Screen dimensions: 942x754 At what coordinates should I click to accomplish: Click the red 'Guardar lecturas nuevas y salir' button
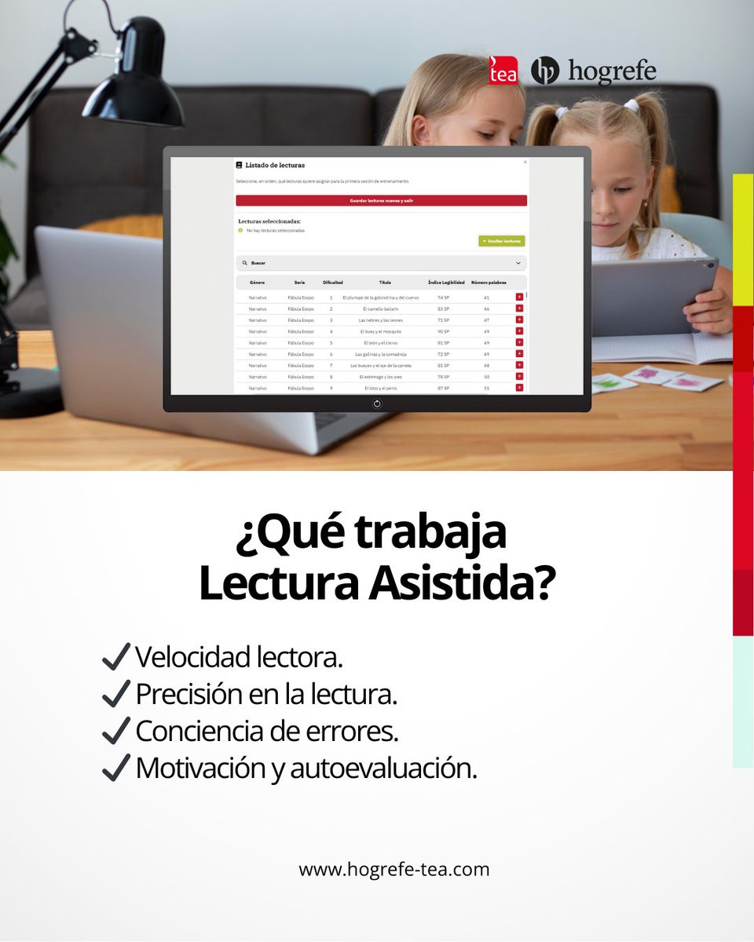tap(381, 201)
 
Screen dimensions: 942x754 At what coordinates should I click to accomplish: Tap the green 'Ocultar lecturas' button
tap(502, 241)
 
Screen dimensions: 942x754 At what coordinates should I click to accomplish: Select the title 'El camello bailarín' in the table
tap(381, 309)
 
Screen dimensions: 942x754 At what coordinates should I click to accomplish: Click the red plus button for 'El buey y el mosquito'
tap(519, 331)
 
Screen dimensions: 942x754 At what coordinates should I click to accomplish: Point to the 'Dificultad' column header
tap(332, 282)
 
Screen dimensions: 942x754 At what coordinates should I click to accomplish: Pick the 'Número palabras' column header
tap(489, 282)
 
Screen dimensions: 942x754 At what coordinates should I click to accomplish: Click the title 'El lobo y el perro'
tap(381, 388)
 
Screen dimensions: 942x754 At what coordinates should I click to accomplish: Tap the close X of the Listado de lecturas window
tap(525, 162)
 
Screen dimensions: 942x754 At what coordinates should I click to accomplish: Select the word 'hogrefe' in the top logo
tap(612, 71)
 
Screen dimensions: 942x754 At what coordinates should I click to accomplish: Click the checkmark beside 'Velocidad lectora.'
tap(115, 656)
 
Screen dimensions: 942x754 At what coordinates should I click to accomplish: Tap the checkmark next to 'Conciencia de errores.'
tap(115, 730)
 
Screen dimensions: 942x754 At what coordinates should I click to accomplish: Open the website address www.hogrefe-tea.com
tap(393, 869)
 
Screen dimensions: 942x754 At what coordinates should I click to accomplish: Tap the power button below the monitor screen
tap(377, 403)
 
